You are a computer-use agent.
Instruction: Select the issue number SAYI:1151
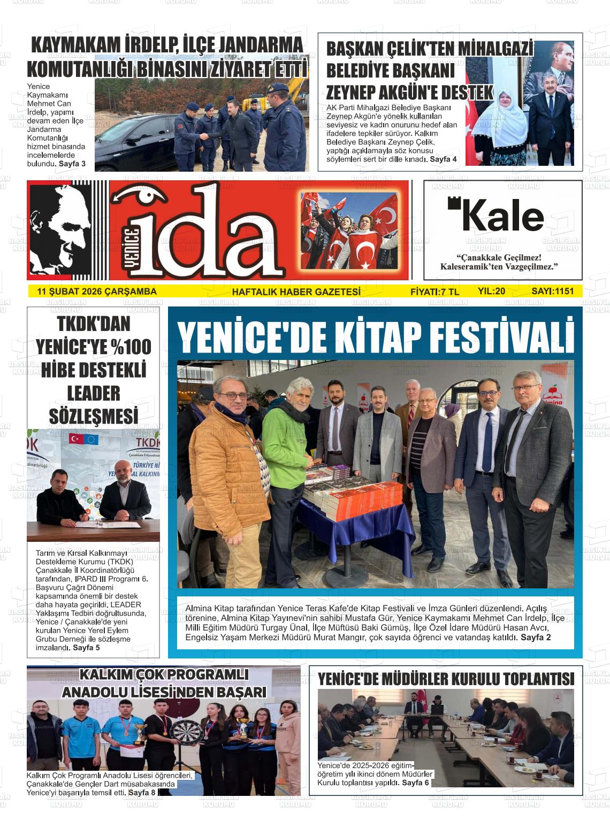point(552,292)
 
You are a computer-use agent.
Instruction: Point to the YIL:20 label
point(491,292)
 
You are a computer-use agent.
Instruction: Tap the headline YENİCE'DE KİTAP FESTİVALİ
point(376,336)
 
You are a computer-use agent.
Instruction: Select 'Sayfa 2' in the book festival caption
point(536,637)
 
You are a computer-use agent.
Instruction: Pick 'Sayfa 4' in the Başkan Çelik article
point(443,159)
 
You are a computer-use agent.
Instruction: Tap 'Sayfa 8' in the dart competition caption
point(142,792)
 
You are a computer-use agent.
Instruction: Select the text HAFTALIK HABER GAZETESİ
point(296,292)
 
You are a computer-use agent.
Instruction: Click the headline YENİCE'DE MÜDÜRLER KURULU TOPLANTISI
point(446,679)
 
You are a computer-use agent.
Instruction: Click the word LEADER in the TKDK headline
point(93,393)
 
